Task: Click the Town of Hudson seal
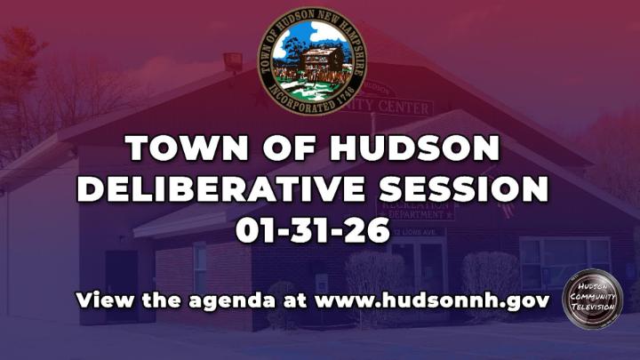[x=317, y=60]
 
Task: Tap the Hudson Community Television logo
[x=592, y=300]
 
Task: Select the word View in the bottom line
[x=100, y=300]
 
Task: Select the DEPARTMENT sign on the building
[x=416, y=215]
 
